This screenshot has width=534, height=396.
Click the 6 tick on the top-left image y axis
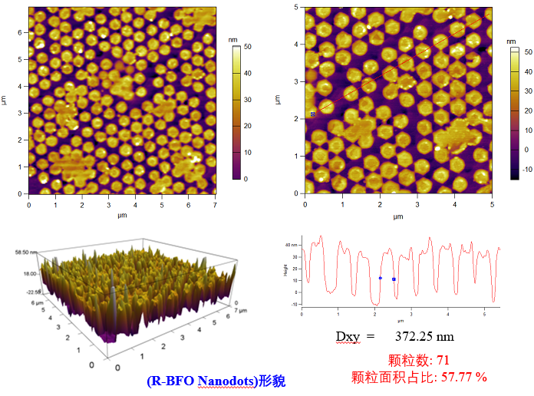tap(21, 31)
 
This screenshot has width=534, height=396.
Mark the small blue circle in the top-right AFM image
tap(313, 114)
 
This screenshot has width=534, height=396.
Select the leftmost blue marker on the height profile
tap(381, 278)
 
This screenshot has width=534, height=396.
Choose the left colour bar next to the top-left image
tap(236, 111)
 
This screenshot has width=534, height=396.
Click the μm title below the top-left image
tap(122, 217)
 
